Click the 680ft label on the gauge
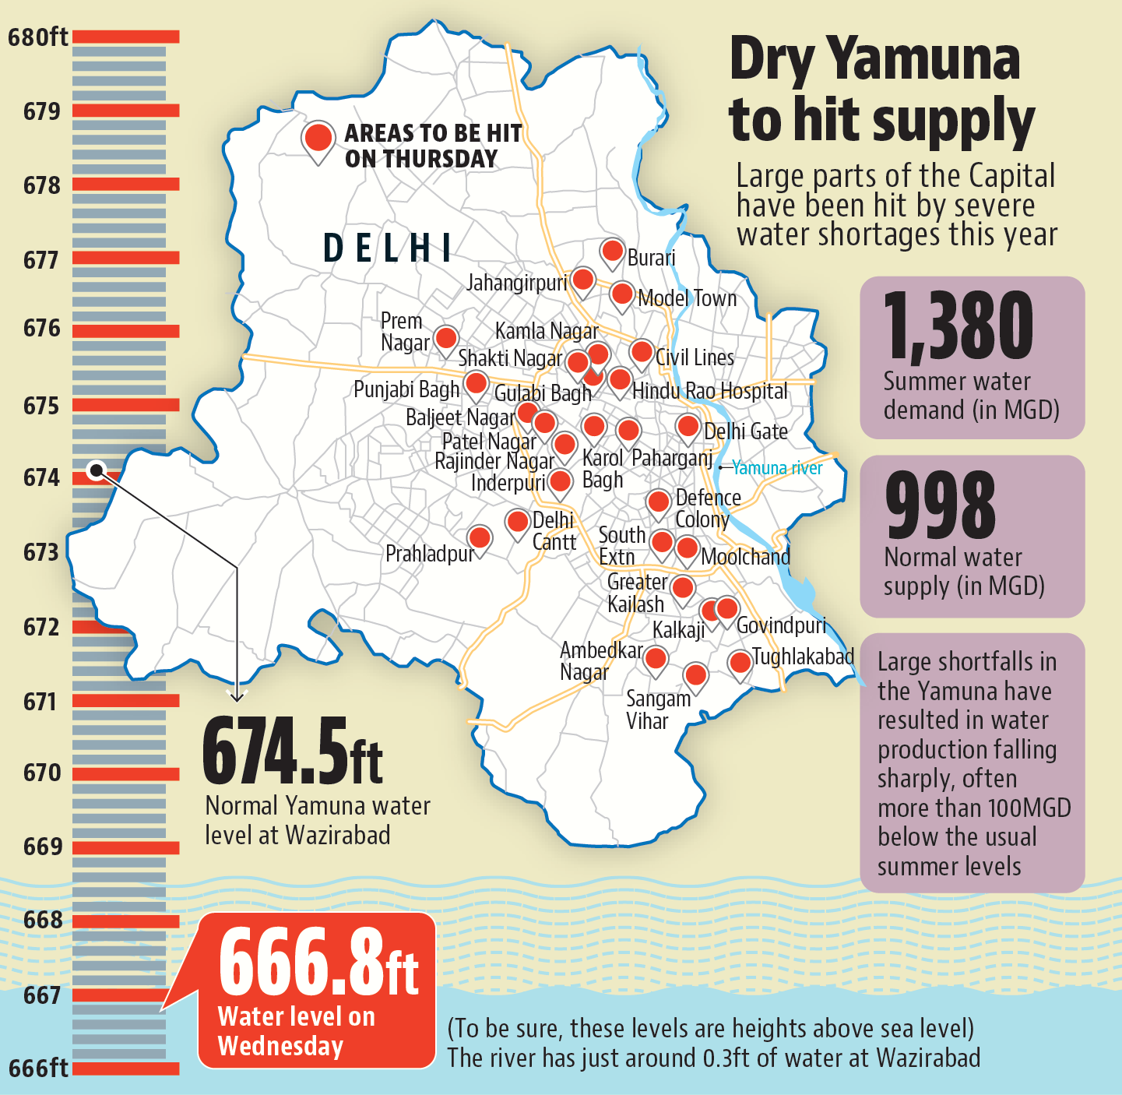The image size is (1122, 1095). tap(37, 37)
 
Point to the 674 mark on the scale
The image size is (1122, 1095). tap(41, 477)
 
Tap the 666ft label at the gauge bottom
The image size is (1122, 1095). tap(38, 1067)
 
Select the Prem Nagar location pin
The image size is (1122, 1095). tap(446, 339)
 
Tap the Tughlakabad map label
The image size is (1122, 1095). tap(803, 657)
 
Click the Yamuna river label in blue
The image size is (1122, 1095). tap(776, 467)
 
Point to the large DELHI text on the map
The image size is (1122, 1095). tap(388, 248)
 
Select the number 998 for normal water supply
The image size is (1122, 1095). tap(941, 505)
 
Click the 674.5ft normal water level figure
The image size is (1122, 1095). tap(292, 752)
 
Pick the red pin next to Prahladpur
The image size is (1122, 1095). tap(480, 537)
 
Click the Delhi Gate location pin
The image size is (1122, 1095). tap(688, 426)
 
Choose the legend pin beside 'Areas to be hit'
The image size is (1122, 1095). tap(318, 139)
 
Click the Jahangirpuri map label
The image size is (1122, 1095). tap(516, 282)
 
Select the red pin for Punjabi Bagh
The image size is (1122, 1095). tap(476, 383)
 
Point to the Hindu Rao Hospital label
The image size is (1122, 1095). tap(709, 391)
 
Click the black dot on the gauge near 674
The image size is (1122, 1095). tap(97, 470)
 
